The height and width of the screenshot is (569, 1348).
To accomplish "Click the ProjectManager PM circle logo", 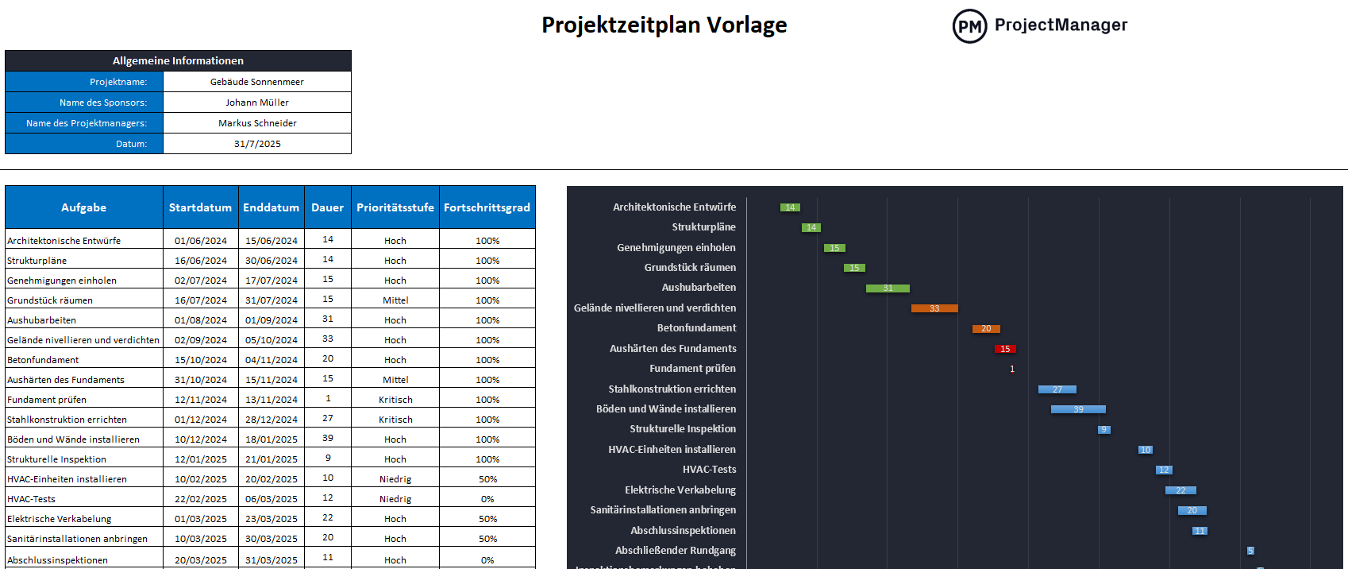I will (969, 26).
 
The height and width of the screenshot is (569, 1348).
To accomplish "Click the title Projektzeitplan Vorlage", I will (664, 25).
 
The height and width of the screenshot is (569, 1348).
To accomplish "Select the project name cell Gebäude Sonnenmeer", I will (257, 82).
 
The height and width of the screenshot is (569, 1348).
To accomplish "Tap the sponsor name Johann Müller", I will (257, 103).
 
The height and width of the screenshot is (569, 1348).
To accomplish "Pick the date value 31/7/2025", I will (257, 144).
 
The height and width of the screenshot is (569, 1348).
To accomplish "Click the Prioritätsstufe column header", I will (395, 207).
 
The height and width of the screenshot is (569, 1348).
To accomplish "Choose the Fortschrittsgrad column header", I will (487, 207).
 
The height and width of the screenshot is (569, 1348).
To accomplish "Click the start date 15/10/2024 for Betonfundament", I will (201, 360).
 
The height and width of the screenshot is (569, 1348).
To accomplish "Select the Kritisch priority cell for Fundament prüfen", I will (395, 400).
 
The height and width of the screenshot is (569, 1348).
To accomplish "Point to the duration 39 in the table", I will (328, 438).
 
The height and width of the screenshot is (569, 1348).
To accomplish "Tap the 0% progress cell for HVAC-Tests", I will (487, 499).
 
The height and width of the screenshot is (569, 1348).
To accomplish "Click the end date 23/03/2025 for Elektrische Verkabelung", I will (272, 519).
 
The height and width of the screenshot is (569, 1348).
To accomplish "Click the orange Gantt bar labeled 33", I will (934, 308).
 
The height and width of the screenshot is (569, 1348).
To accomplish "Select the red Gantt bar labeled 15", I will (1005, 349).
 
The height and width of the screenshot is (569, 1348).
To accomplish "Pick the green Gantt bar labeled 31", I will (888, 288).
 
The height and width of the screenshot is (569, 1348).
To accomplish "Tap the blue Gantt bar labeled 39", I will (1078, 409).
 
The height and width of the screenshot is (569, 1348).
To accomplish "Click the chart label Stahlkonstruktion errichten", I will (672, 389).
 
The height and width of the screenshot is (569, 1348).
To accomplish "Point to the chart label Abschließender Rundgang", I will (675, 551).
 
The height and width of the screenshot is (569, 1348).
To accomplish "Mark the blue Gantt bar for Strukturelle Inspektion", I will (1103, 430).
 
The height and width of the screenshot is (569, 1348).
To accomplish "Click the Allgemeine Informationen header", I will (178, 61).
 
